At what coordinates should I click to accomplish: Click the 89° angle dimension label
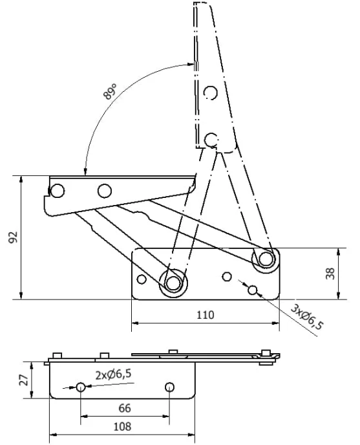[110, 91]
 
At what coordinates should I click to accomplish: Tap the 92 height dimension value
[14, 237]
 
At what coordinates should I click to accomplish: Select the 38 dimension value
[330, 274]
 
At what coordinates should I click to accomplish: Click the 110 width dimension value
[206, 315]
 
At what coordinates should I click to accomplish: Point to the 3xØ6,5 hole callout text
[307, 318]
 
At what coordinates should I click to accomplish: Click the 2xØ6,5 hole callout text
[114, 374]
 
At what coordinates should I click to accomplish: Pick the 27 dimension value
[24, 380]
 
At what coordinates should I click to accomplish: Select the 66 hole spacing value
[125, 408]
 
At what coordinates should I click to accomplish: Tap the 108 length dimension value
[122, 426]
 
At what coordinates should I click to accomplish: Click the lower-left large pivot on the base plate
[173, 283]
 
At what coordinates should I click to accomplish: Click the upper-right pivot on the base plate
[266, 259]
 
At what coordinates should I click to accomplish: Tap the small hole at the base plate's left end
[142, 279]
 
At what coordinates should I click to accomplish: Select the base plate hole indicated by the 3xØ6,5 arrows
[252, 290]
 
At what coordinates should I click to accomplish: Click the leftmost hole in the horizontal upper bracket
[58, 191]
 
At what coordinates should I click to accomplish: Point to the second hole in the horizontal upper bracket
[105, 191]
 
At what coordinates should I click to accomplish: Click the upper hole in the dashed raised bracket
[211, 92]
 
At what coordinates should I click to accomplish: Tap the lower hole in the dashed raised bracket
[211, 140]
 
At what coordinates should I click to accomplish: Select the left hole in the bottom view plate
[81, 387]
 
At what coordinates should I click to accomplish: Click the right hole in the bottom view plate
[169, 387]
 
